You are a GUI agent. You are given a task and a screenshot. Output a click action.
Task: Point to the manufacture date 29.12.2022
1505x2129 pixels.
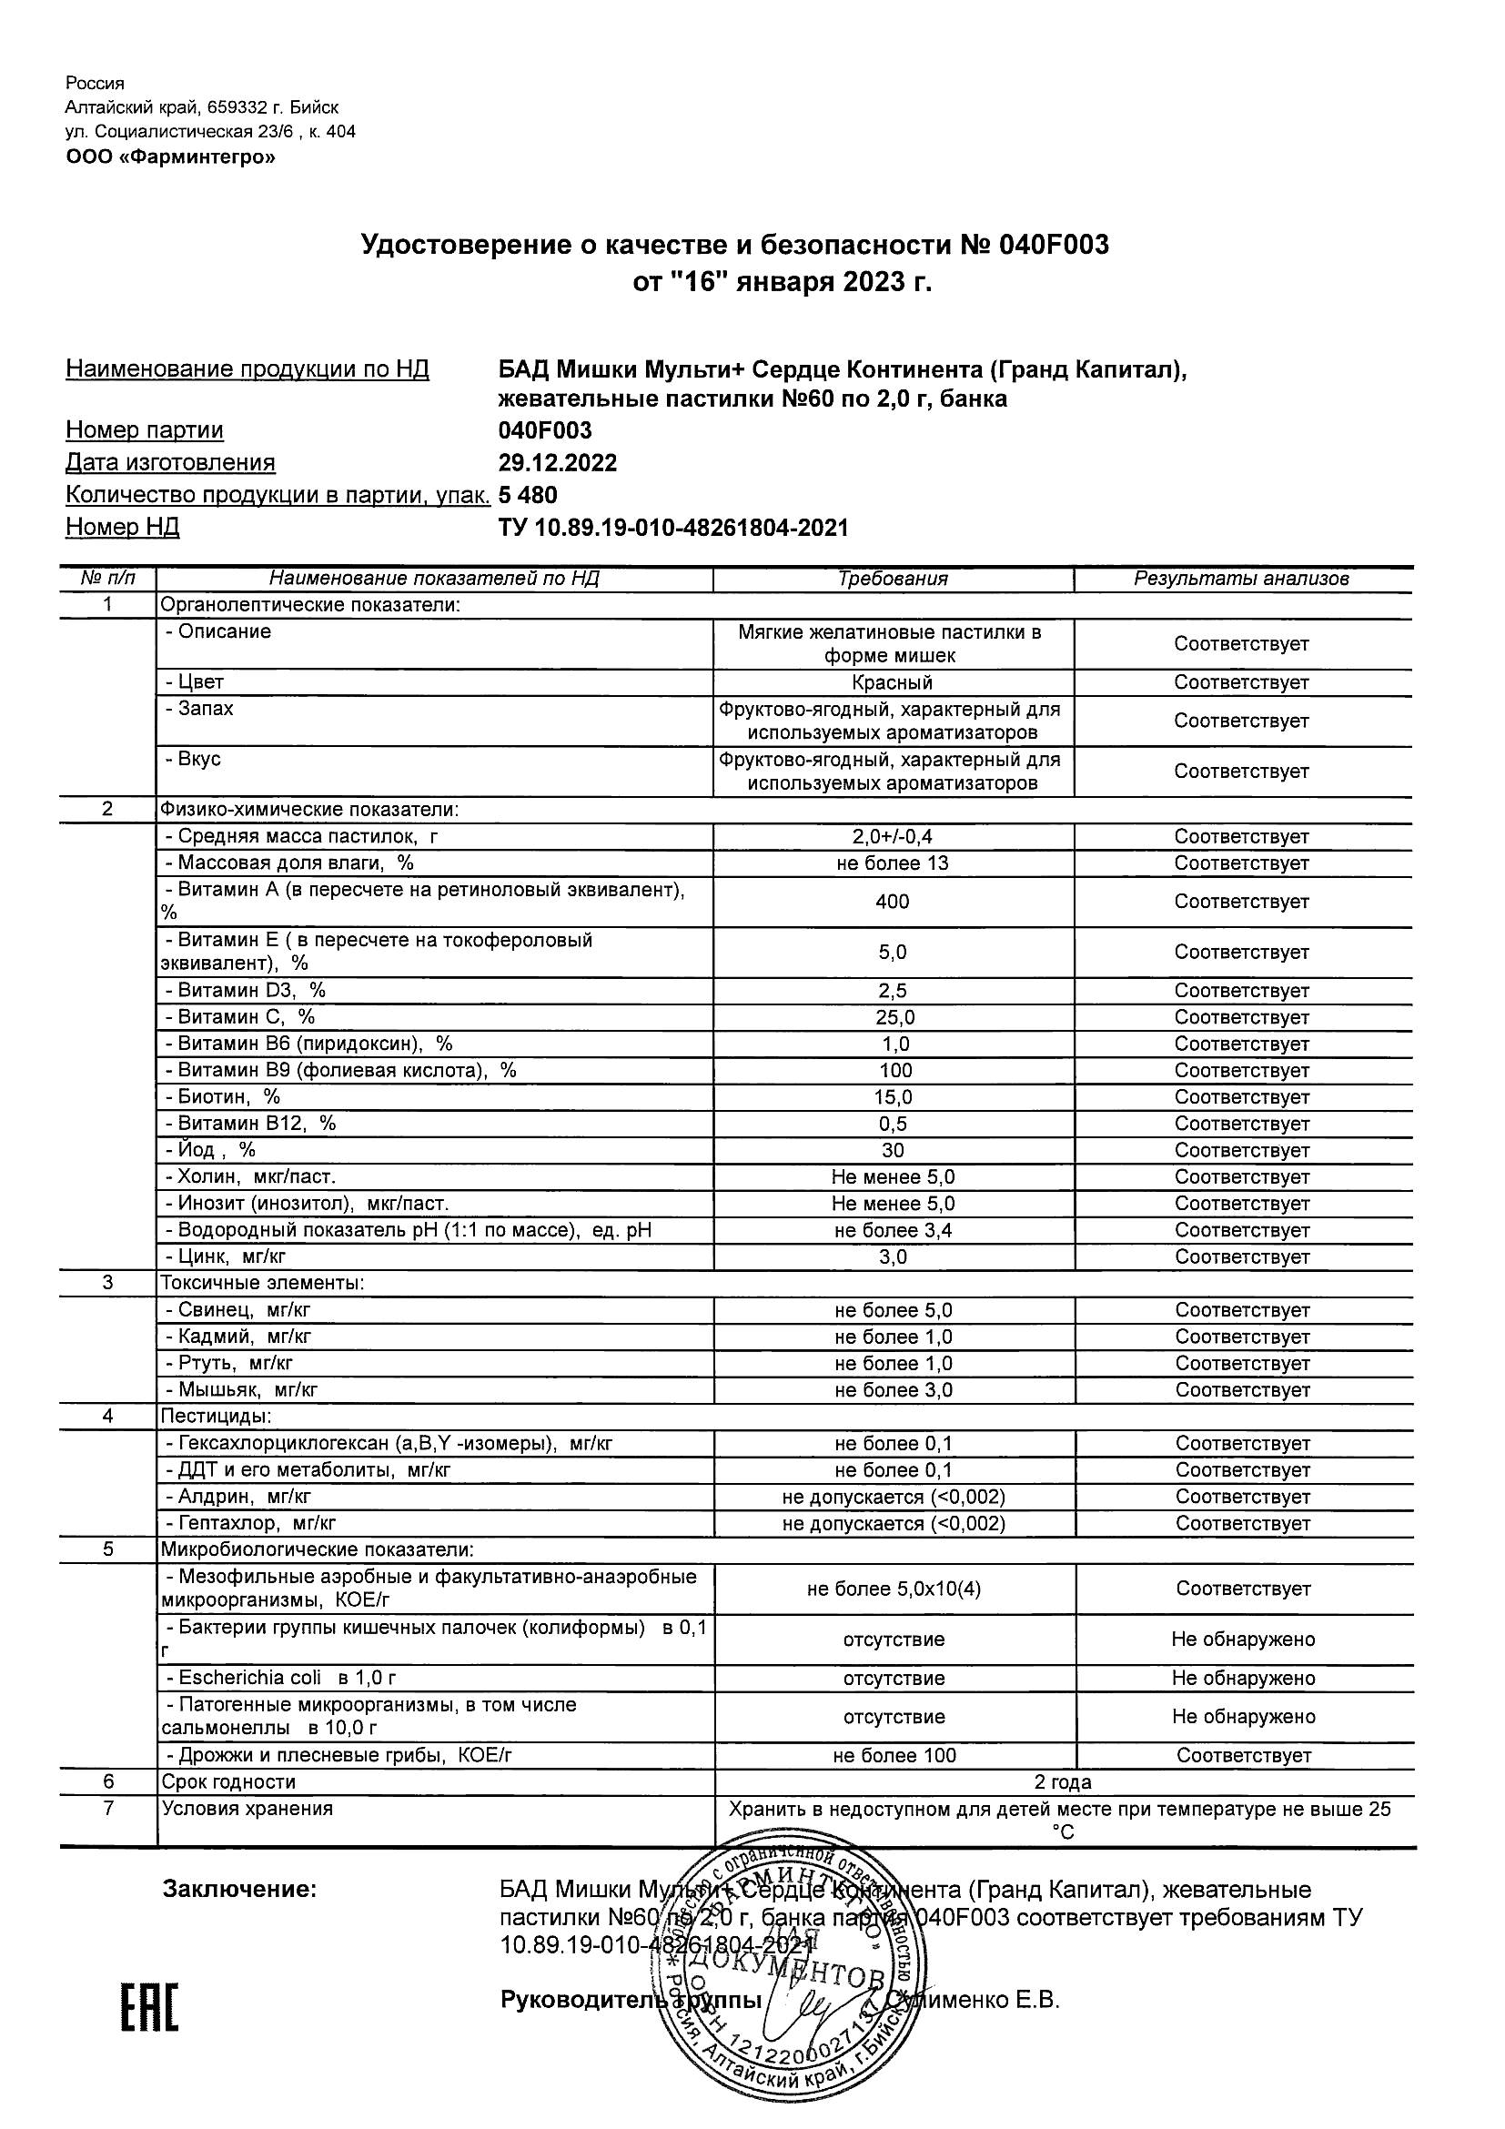tap(557, 462)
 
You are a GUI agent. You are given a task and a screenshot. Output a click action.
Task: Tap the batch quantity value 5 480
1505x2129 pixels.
tap(528, 494)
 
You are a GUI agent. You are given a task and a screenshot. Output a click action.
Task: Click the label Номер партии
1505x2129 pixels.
tap(144, 429)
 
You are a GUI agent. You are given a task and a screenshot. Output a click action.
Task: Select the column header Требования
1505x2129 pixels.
tap(892, 579)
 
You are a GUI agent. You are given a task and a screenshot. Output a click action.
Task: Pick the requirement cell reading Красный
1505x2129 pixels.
tap(892, 682)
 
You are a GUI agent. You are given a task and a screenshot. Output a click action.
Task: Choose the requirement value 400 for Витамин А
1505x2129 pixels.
tap(892, 902)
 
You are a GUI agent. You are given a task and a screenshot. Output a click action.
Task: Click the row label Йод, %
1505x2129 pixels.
tap(209, 1150)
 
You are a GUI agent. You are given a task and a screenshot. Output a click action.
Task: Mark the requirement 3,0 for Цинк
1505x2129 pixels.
tap(892, 1256)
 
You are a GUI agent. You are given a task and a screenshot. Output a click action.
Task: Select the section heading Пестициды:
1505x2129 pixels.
tap(216, 1416)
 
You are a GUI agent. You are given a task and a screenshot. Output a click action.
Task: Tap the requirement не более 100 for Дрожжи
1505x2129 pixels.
tap(894, 1755)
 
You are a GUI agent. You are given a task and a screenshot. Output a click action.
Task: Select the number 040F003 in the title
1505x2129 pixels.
tap(1054, 245)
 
